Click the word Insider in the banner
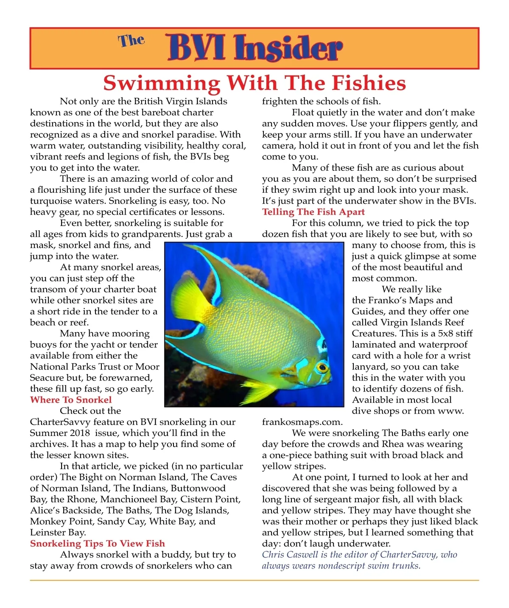pos(288,48)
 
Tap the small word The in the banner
pos(131,40)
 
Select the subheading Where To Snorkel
pos(71,400)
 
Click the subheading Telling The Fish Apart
pos(313,212)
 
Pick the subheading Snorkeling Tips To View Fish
pos(97,543)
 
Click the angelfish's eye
pos(322,366)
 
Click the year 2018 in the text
pos(80,433)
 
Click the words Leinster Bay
pos(58,533)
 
